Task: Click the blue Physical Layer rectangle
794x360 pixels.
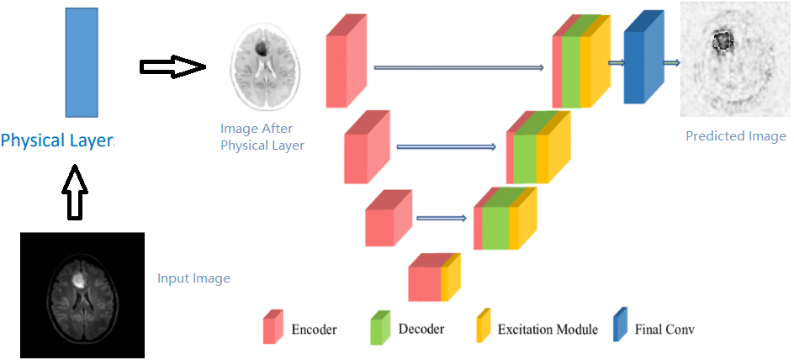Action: tap(82, 62)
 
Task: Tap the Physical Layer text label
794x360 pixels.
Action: tap(57, 140)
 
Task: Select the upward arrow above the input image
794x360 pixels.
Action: tap(75, 193)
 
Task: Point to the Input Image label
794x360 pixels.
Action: tap(193, 278)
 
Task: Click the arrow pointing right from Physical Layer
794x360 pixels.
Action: tap(172, 67)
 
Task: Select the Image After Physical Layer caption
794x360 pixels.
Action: tap(262, 137)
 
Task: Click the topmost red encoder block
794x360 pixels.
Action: tap(346, 66)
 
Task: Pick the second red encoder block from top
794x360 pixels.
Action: tap(366, 151)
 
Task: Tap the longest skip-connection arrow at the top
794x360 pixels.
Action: tap(459, 67)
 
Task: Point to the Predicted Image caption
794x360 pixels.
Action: tap(735, 136)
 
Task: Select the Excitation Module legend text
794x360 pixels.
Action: tap(547, 329)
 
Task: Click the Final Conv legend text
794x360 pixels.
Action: tap(664, 329)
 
